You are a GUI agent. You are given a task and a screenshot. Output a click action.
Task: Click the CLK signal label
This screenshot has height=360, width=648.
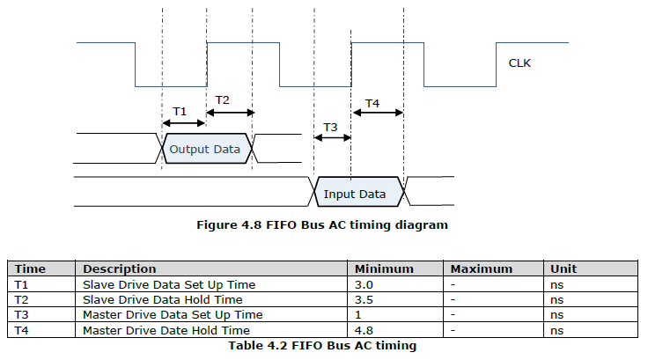[x=519, y=63]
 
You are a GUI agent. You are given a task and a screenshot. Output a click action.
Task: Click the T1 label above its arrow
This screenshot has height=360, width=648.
[x=180, y=111]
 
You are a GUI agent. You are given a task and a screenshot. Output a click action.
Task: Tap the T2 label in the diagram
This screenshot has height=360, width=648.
[x=223, y=100]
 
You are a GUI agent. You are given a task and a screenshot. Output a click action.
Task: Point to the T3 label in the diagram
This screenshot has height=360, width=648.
[x=330, y=128]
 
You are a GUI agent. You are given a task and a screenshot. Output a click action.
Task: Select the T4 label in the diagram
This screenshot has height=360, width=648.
[x=372, y=103]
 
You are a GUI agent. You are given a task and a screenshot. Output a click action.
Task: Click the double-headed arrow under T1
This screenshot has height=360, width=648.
[x=184, y=122]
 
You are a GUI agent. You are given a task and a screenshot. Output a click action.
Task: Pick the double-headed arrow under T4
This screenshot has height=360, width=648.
[x=378, y=113]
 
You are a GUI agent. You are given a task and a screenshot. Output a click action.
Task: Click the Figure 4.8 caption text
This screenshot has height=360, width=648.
[x=322, y=224]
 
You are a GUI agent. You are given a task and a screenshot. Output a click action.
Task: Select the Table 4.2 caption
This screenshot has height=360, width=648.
[x=322, y=346]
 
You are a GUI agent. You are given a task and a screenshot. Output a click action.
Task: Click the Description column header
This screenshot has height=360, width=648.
[x=120, y=269]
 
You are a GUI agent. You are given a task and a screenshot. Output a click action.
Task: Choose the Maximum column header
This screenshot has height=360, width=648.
[x=482, y=269]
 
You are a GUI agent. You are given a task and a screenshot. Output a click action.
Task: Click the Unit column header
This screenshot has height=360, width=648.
[x=563, y=269]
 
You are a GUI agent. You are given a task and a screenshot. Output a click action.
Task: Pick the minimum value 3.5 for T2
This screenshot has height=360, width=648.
[x=364, y=299]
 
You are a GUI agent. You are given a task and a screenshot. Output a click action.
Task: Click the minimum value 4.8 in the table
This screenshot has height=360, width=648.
[x=364, y=331]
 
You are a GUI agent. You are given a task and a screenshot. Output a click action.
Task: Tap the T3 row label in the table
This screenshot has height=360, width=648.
[x=21, y=315]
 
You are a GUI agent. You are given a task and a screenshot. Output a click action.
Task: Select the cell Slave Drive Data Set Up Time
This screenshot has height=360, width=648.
[x=169, y=285]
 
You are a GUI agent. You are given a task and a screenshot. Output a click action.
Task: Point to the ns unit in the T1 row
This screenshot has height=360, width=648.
[x=556, y=285]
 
